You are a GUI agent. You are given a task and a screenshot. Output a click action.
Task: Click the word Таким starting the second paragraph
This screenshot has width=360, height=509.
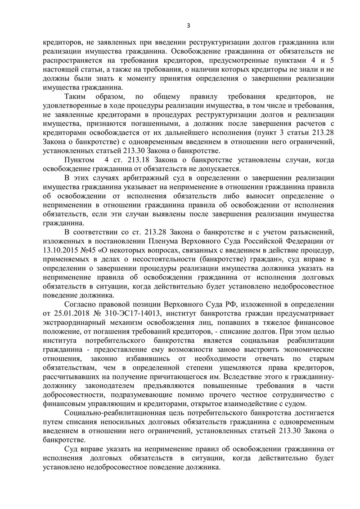point(77,97)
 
